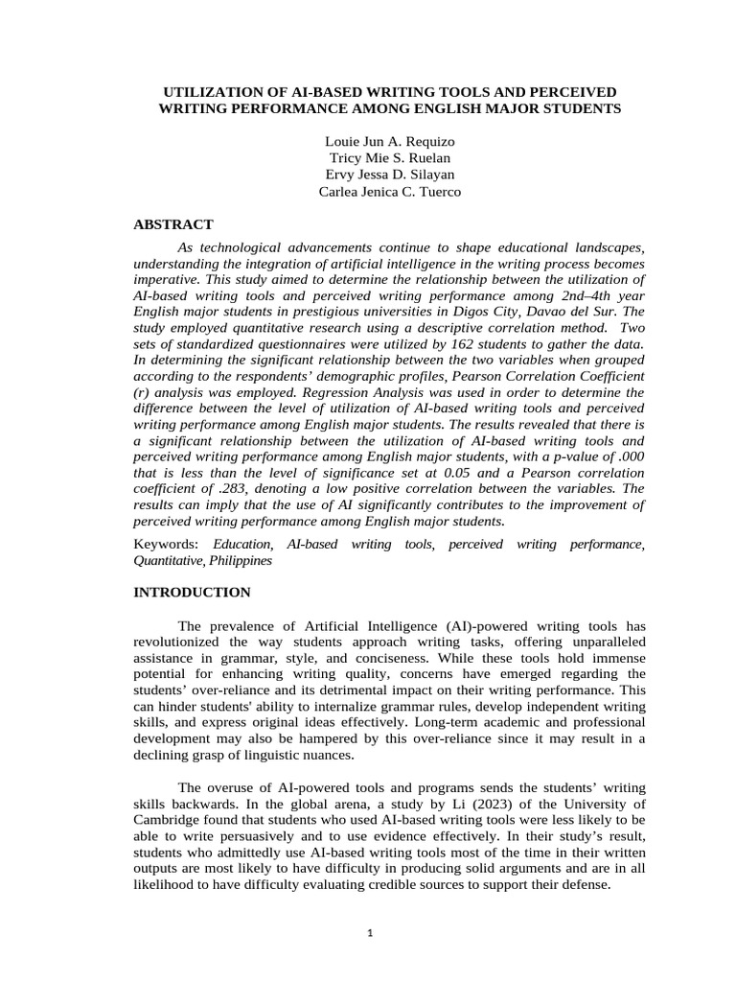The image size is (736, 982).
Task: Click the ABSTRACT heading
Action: pyautogui.click(x=173, y=224)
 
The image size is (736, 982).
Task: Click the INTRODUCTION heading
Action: pyautogui.click(x=192, y=593)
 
